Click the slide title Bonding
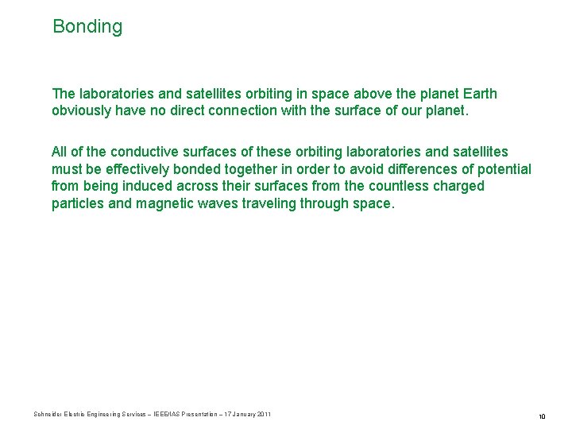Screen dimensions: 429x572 (87, 26)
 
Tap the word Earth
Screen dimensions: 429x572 (478, 94)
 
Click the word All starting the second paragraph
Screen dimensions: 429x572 (60, 151)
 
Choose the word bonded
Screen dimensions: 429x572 (198, 168)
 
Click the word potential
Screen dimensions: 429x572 (505, 168)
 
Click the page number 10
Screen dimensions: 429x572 (542, 416)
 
